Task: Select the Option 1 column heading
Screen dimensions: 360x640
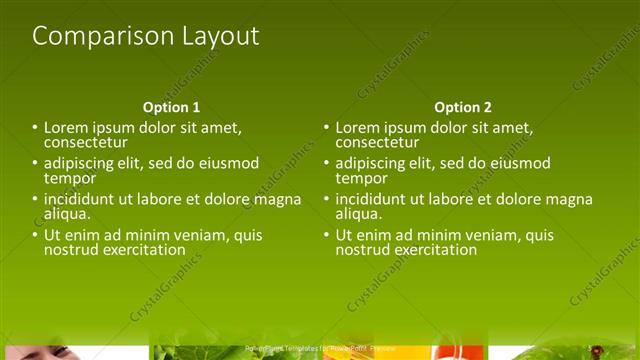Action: (171, 107)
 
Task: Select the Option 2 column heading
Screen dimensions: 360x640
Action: (463, 107)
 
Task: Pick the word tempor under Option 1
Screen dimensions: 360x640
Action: (69, 178)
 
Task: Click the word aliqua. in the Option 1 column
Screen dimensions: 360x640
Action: (67, 213)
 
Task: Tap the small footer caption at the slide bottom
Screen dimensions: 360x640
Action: (319, 348)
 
